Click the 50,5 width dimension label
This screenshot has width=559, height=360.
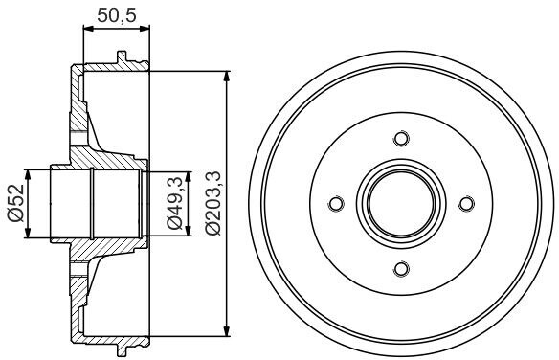point(117,15)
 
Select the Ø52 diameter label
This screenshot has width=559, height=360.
point(16,203)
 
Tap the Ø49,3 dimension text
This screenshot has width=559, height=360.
point(175,203)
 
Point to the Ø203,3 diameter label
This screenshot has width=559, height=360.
point(213,203)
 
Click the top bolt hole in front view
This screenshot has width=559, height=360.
point(401,138)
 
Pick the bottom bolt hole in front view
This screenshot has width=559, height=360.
point(401,269)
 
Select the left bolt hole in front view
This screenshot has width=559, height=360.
point(336,204)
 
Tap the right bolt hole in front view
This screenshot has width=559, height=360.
point(467,204)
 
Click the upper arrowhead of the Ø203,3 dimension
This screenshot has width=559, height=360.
point(227,77)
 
